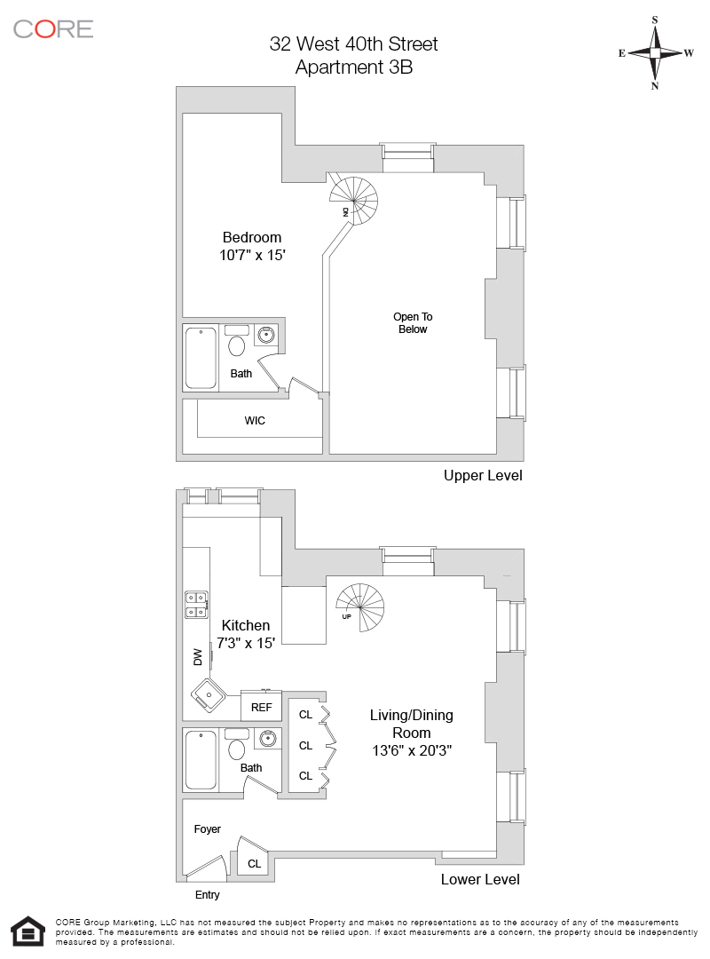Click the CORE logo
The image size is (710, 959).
53,28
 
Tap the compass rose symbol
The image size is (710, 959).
655,52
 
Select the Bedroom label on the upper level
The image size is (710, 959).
252,237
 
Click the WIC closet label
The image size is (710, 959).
255,420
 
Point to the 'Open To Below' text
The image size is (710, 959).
413,322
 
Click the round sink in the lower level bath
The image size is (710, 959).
266,738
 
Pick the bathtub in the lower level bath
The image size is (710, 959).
201,759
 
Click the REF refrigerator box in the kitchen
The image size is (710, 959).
261,708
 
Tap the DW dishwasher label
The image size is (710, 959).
198,657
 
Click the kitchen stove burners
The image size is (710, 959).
196,604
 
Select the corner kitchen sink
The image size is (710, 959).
209,693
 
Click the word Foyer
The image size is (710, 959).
208,829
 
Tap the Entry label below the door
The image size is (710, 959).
207,895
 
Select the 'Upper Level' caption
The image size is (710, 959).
483,476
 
